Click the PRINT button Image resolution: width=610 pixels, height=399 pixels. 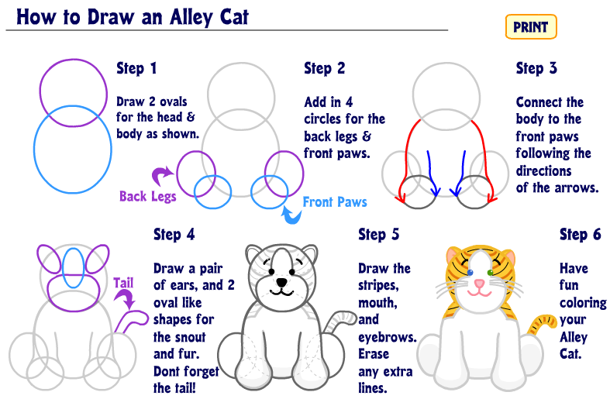tap(531, 27)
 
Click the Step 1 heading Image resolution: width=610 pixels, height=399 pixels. tap(136, 68)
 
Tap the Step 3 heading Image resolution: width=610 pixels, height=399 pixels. tap(536, 68)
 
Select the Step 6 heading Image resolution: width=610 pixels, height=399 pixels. tap(580, 235)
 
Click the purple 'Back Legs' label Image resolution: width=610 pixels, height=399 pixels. tap(148, 196)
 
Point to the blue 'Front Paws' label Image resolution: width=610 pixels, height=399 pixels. tap(335, 202)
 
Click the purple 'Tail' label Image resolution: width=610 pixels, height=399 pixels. tap(123, 283)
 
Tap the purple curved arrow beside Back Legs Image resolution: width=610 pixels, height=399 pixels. tap(162, 175)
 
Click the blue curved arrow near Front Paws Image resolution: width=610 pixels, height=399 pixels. tap(291, 215)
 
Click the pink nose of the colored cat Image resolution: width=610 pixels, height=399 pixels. tap(480, 283)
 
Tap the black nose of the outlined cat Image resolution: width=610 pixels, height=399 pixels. tap(281, 282)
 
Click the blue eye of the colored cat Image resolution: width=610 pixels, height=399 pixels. tap(470, 273)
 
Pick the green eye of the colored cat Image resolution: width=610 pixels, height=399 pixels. tap(490, 273)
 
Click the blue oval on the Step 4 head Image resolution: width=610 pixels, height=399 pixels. tap(73, 268)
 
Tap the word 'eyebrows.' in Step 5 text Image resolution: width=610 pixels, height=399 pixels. tap(388, 337)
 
